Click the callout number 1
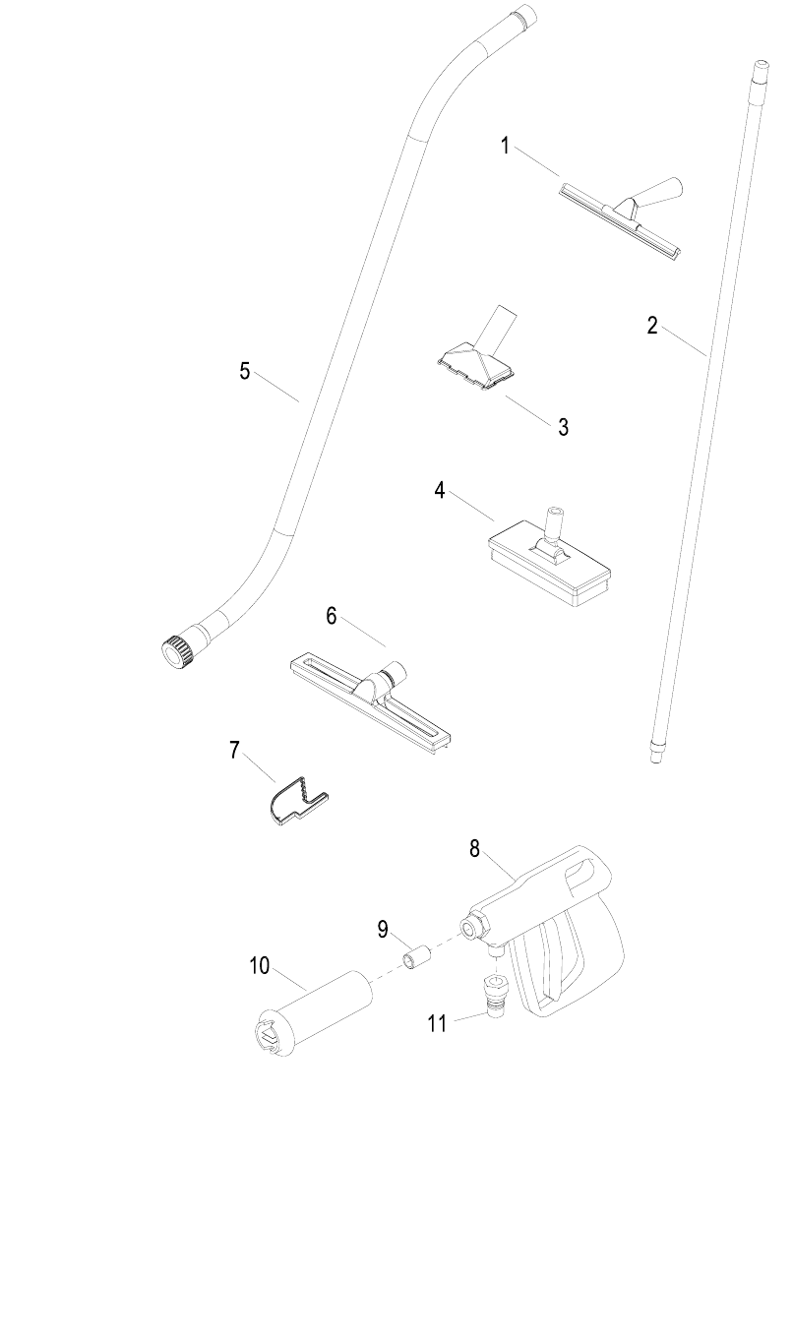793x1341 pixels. pyautogui.click(x=505, y=147)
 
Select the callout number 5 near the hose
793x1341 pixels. pyautogui.click(x=245, y=371)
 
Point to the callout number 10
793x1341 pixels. pyautogui.click(x=259, y=965)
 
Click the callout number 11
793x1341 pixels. pyautogui.click(x=437, y=1023)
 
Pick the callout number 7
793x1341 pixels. pyautogui.click(x=234, y=751)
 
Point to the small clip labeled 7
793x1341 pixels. pyautogui.click(x=295, y=800)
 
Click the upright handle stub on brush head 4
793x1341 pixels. pyautogui.click(x=553, y=522)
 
